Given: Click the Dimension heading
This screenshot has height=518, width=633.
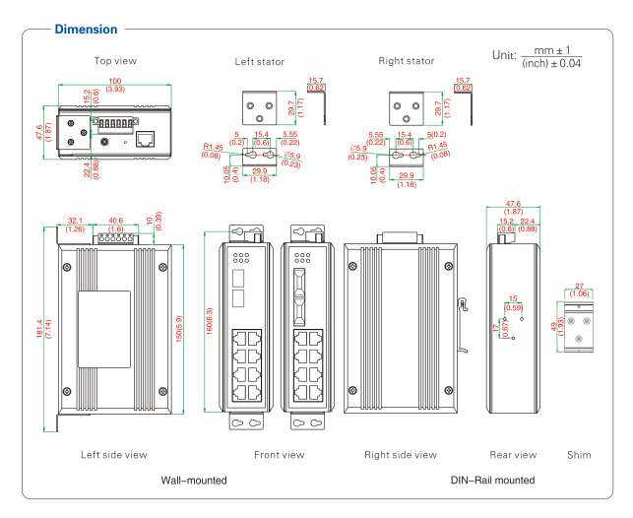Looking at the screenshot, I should click(86, 30).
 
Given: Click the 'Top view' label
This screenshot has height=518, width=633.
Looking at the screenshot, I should click(115, 61).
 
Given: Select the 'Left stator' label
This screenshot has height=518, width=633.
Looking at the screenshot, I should click(260, 62).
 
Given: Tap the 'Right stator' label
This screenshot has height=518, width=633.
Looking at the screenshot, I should click(407, 61).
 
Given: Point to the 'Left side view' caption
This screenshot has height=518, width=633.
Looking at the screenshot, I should click(114, 455).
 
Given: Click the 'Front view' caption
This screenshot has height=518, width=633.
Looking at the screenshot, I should click(280, 455).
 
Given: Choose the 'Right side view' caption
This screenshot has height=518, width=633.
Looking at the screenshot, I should click(401, 455).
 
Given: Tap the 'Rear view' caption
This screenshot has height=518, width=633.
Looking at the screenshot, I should click(514, 455).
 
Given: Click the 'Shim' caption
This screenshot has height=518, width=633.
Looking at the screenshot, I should click(580, 455).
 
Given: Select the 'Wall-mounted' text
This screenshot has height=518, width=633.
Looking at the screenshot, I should click(194, 481).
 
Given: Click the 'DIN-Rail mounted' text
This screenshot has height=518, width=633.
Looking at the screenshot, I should click(493, 481).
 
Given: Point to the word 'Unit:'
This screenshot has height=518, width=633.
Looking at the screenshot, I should click(505, 56).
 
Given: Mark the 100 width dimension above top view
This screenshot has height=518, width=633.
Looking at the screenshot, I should click(115, 80).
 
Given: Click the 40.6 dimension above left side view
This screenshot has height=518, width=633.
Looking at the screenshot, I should click(115, 221).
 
